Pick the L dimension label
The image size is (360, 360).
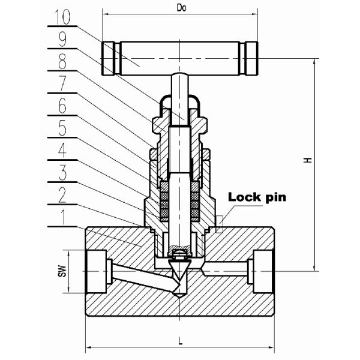click(181, 341)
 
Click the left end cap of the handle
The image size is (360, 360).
click(109, 58)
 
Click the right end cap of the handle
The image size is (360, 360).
click(251, 58)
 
